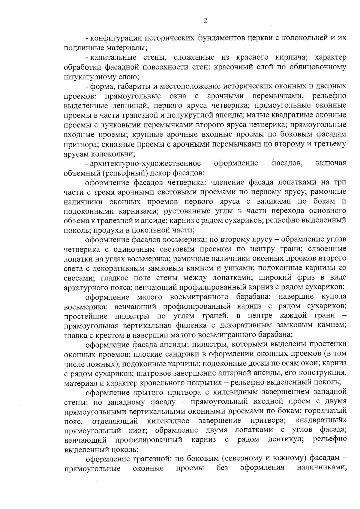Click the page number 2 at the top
tap(205, 21)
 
